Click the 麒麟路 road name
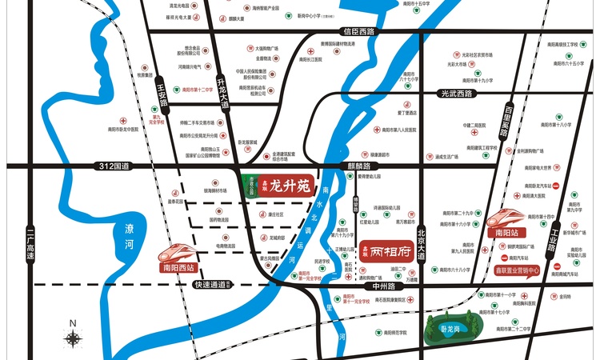pos(353,166)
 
